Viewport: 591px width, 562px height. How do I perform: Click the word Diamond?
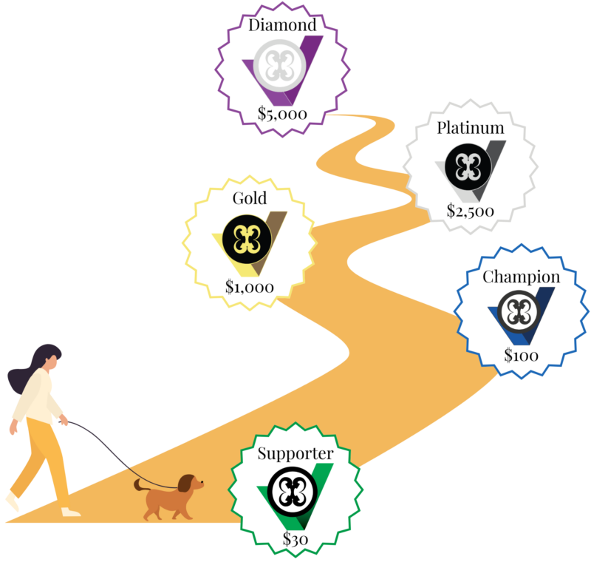(282, 25)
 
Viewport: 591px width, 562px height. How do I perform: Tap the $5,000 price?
(282, 114)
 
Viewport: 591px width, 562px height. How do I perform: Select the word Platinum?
(471, 128)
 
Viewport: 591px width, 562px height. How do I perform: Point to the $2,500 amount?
(471, 211)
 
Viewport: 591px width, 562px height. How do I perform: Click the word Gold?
(250, 198)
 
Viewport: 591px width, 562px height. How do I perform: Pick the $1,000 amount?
(250, 287)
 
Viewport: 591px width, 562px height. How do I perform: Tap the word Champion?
(522, 277)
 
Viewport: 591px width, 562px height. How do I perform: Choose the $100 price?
(522, 355)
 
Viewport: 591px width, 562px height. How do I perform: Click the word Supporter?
(295, 454)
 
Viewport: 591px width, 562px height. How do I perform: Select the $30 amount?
(295, 539)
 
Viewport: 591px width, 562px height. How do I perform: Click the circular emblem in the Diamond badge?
(280, 66)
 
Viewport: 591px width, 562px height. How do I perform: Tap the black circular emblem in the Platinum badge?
(468, 166)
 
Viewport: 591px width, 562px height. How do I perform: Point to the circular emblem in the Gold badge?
(247, 239)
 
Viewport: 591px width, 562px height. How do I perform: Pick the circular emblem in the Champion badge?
(519, 312)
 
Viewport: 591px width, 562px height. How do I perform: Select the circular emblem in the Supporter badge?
(293, 492)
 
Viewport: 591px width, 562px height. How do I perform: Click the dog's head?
(191, 483)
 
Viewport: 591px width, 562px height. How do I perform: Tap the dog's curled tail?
(140, 485)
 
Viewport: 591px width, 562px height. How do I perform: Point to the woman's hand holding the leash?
(64, 420)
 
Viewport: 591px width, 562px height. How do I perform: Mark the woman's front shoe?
(71, 512)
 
